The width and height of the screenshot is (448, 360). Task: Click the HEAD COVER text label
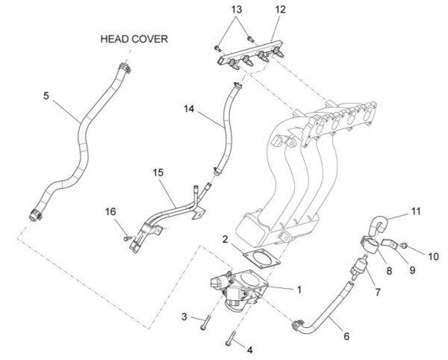pos(135,39)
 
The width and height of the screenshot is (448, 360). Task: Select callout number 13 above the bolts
pos(236,10)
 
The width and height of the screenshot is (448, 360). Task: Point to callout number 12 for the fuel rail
pos(280,10)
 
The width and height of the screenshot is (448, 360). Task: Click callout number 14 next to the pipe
pos(189,109)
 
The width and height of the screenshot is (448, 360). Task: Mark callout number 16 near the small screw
pos(112,213)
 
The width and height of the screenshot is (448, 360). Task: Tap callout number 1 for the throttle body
pos(299,288)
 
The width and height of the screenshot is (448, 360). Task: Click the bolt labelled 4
pos(231,340)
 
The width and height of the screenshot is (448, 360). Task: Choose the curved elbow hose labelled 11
pos(379,223)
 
